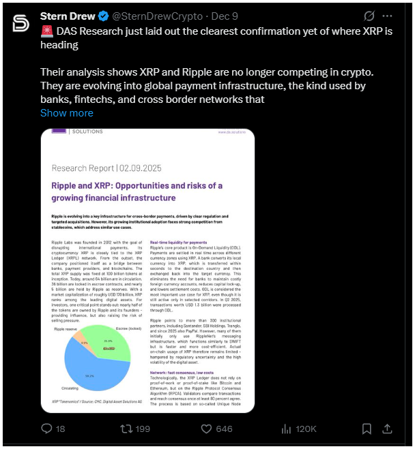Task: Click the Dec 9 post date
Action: (x=225, y=15)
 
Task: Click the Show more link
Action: (x=66, y=113)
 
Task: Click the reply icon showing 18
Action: (x=47, y=429)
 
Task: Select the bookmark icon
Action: (x=367, y=429)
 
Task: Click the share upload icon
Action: (x=388, y=429)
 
